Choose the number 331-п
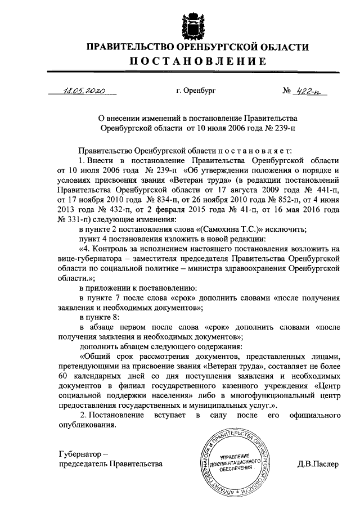tap(69, 219)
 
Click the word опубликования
tap(87, 425)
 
